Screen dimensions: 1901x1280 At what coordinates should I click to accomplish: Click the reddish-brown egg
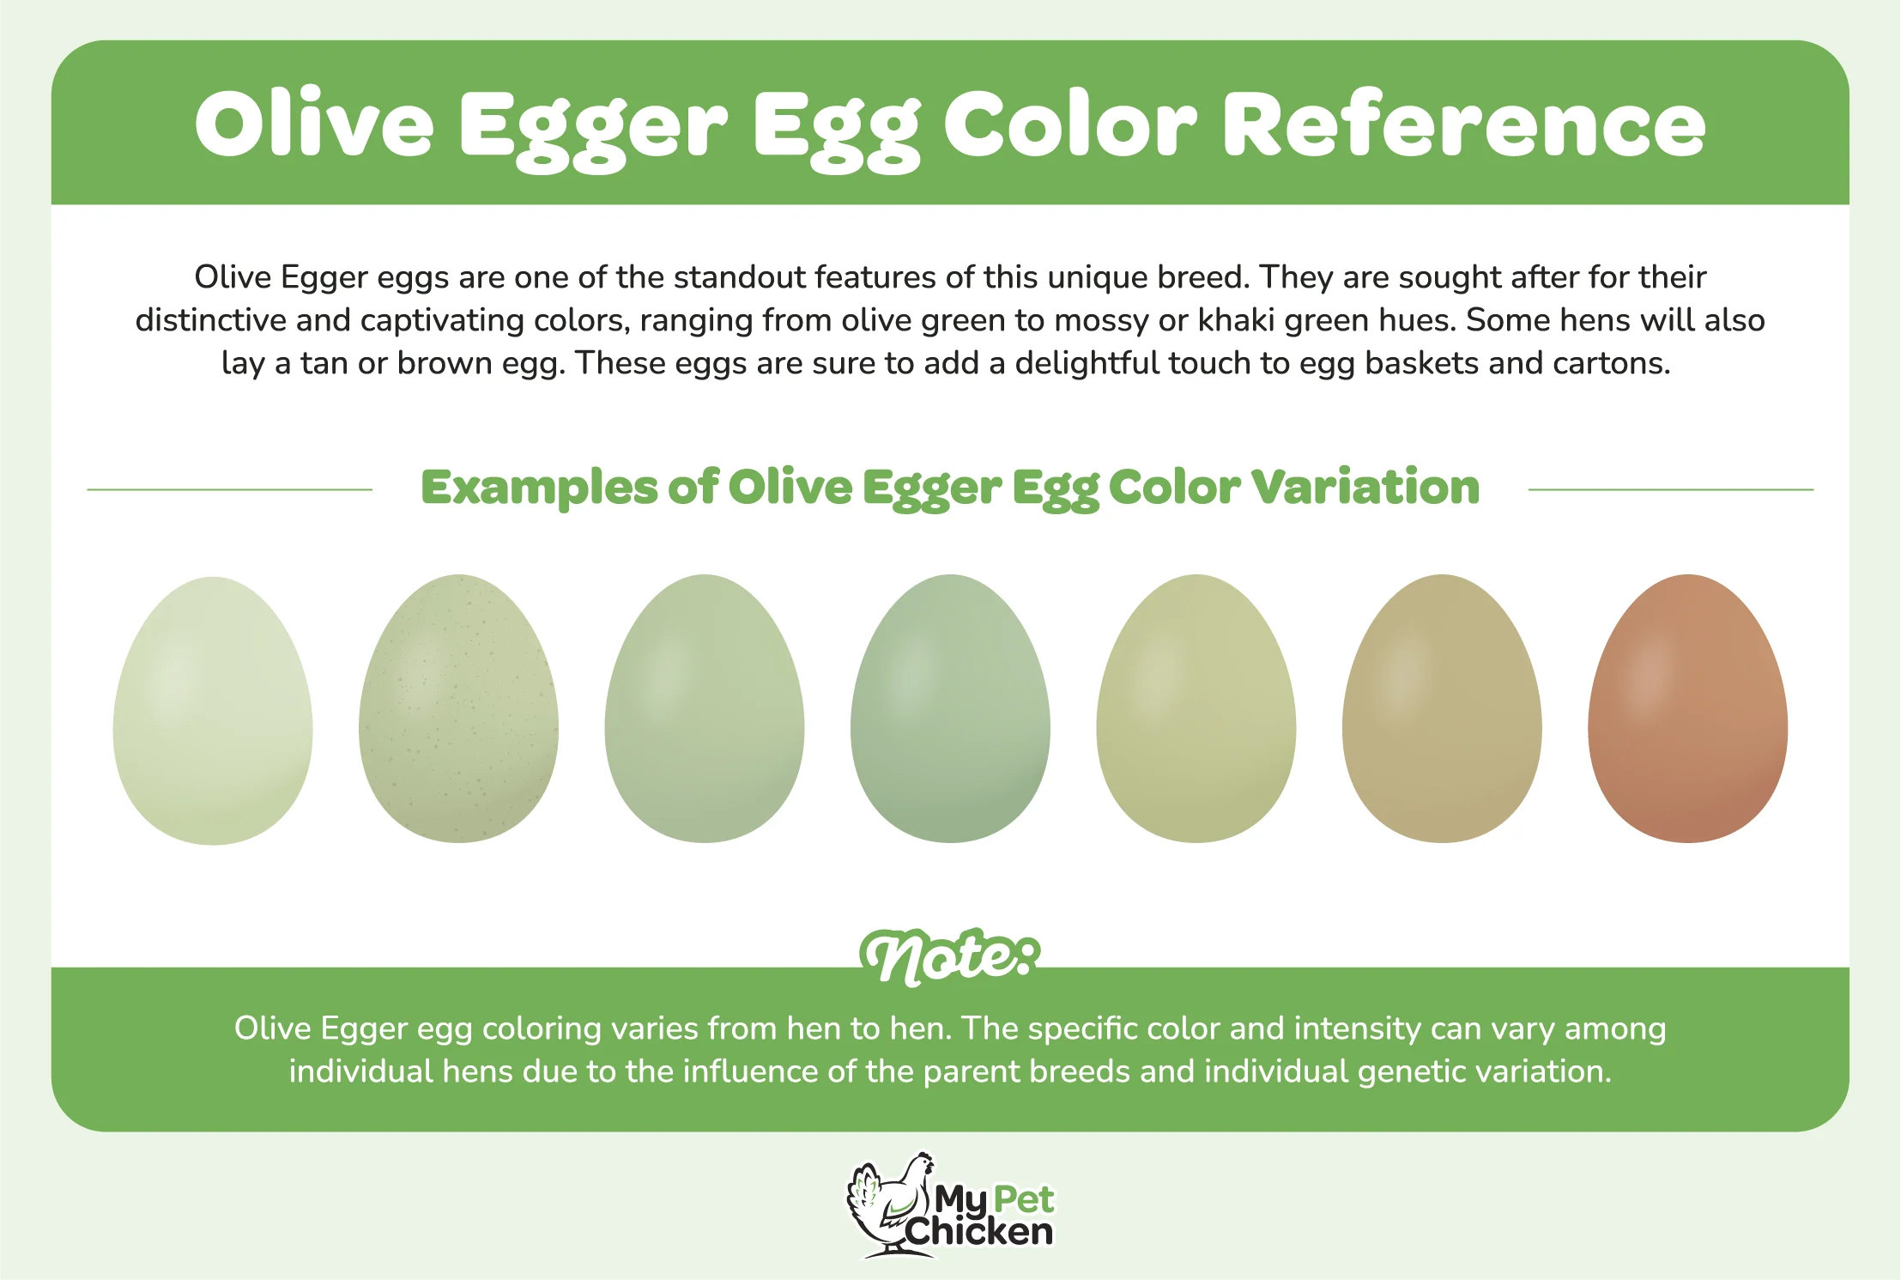point(1687,708)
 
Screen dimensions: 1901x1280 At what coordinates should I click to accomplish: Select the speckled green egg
point(458,708)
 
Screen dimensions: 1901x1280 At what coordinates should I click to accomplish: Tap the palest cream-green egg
point(213,711)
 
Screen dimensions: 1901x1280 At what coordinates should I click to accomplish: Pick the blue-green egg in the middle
point(950,708)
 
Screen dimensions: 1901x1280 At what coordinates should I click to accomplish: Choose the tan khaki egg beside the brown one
point(1442,708)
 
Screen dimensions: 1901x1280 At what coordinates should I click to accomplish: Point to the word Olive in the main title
point(314,124)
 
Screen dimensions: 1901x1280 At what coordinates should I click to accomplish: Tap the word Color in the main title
point(1069,125)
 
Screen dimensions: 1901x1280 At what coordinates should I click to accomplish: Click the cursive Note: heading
point(950,956)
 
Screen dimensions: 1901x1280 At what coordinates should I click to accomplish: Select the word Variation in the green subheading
point(1365,487)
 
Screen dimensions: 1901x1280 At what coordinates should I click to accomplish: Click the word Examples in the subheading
point(539,488)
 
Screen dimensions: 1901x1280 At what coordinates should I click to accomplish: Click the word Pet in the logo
point(1023,1198)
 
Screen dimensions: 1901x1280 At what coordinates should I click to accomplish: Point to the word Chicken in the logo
point(978,1232)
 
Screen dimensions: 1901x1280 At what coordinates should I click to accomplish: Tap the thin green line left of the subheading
point(229,489)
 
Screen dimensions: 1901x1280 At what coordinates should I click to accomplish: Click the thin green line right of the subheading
point(1671,489)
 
